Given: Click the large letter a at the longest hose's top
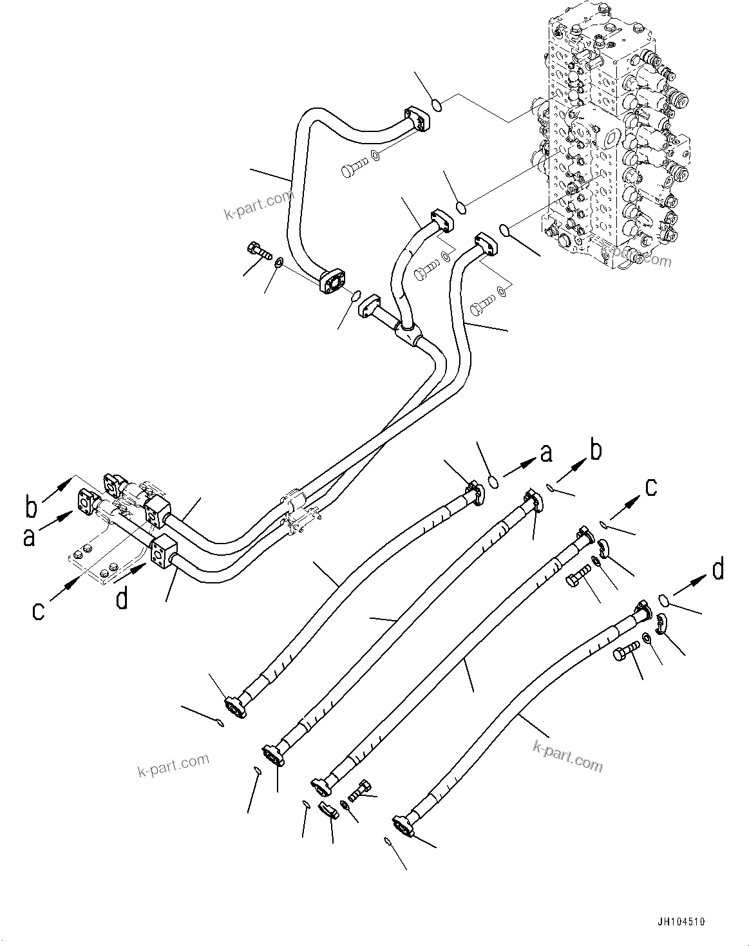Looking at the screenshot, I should click(546, 453).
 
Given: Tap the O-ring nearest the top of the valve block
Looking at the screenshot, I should click(437, 104).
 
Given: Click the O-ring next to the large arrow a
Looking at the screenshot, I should click(493, 480).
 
